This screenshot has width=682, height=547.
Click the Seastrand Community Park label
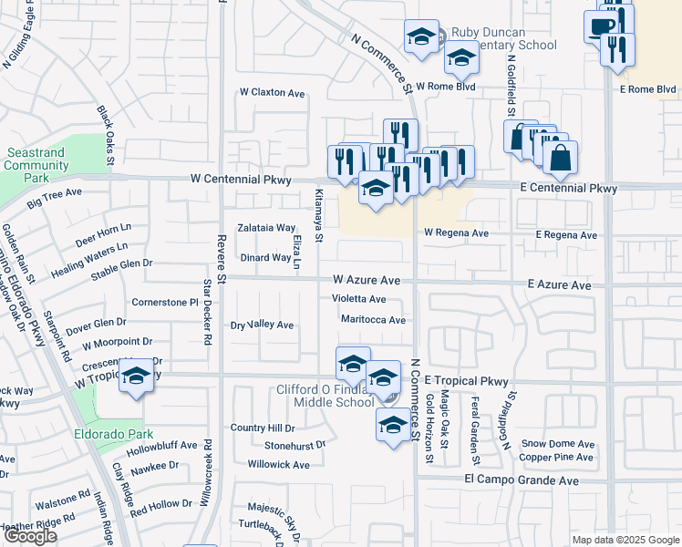(36, 165)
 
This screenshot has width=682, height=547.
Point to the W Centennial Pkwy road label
(241, 181)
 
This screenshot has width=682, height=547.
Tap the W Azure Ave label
(367, 280)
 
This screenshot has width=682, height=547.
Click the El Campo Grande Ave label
(521, 480)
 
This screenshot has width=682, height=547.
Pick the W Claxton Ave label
(272, 93)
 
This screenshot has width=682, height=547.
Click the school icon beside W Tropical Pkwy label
(136, 377)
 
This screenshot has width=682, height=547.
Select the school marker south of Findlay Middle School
(393, 426)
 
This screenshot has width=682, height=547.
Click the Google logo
(30, 536)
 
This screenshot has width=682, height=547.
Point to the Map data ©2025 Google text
(625, 540)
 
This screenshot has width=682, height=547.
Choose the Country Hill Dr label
(263, 428)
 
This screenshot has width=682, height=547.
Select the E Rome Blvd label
(646, 89)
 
